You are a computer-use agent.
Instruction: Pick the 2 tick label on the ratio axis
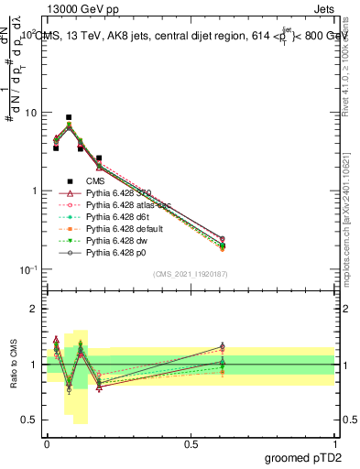35,309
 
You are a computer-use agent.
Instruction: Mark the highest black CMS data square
70,117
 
